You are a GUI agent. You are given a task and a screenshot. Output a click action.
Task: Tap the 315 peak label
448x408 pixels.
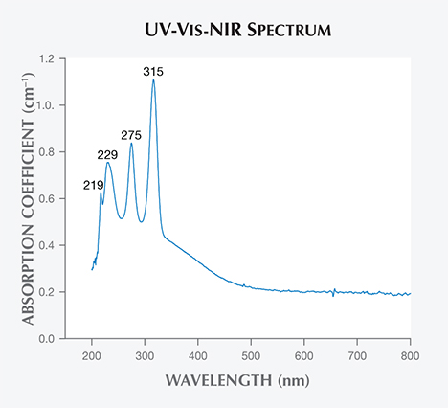(x=153, y=71)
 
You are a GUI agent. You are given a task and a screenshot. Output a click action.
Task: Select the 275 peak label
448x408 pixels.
(x=131, y=135)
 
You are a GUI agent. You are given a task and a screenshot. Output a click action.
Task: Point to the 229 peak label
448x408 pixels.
(x=108, y=154)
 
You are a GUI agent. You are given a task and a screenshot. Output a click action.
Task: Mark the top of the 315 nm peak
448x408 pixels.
(x=153, y=80)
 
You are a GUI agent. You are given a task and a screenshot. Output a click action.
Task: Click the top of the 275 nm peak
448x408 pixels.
(x=131, y=144)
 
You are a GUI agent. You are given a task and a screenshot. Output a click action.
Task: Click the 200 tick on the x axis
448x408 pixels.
(x=92, y=352)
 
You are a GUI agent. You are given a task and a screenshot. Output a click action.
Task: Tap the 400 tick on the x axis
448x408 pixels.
(x=198, y=352)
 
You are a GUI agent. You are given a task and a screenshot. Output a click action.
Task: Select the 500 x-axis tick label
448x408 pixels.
(x=251, y=352)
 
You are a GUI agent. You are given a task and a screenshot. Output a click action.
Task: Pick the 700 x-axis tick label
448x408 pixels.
(x=357, y=352)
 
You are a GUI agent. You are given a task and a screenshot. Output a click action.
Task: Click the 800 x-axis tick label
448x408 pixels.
(x=410, y=352)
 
